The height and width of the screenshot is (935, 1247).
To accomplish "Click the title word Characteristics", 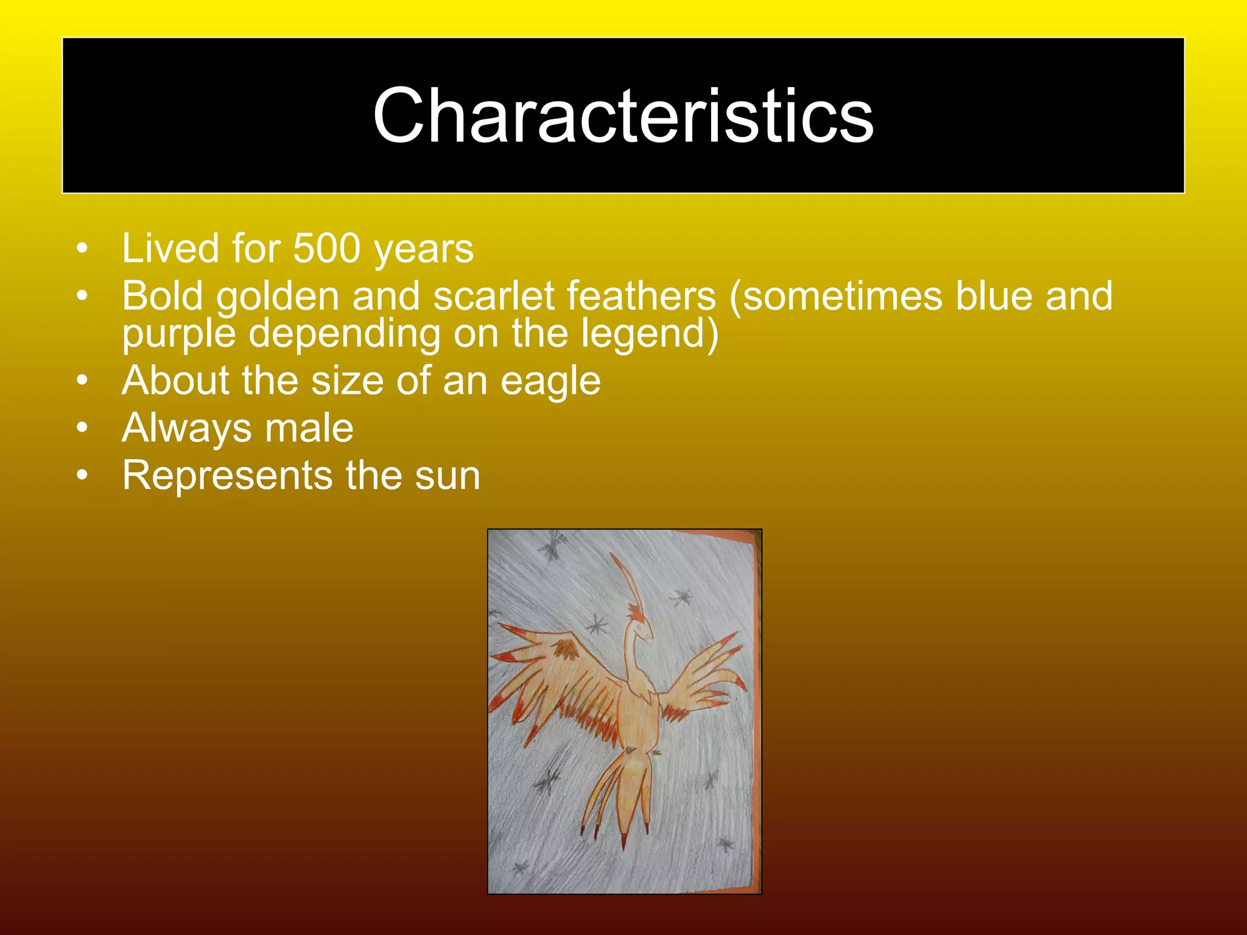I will coord(623,116).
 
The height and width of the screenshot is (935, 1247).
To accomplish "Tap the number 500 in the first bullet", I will coord(326,248).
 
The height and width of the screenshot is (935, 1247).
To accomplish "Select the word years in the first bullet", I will coord(424,250).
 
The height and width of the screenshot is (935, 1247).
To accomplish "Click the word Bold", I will coord(162,296).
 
